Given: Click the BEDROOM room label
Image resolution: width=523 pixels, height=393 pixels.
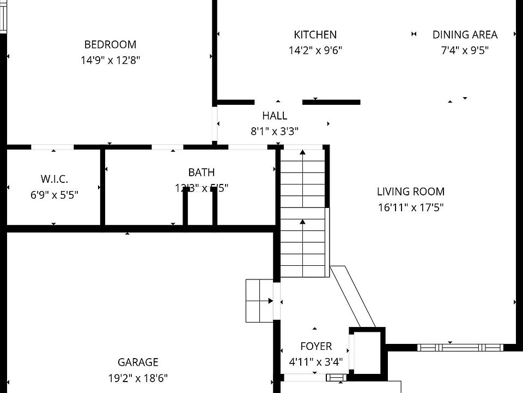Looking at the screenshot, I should tap(110, 44).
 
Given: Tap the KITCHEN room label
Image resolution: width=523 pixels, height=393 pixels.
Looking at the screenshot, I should tap(315, 35).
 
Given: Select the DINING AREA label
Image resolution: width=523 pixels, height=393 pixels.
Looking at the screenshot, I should tap(465, 35).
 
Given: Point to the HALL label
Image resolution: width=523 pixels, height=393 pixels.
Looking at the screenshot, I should tap(274, 116).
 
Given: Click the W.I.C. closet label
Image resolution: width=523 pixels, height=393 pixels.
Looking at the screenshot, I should tap(54, 179).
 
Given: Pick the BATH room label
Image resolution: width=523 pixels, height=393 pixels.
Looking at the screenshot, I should tap(201, 172).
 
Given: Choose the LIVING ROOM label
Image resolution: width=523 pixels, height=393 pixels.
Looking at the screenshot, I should tap(410, 192).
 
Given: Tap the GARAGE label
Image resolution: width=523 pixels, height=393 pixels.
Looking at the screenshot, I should tap(138, 362).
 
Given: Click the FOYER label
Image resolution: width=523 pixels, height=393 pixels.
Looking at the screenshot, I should tap(316, 347).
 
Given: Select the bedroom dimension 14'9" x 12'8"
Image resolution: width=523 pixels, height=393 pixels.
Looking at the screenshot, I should tap(110, 61).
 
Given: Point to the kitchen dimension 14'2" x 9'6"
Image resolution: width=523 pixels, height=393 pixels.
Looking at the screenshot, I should tap(315, 51).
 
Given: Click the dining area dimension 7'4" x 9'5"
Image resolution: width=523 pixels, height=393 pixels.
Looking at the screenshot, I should tap(465, 51).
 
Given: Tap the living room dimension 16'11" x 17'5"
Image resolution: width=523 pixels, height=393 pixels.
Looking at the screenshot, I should tap(410, 207).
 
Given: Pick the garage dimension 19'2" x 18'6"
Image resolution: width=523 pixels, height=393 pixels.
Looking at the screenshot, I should tap(138, 378).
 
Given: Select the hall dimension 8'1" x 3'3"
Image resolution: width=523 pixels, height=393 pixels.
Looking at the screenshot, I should tap(274, 132).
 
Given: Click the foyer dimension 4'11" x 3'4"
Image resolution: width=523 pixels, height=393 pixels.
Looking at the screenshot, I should tap(316, 362).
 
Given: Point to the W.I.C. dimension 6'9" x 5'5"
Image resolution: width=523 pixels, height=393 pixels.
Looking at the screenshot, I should tap(54, 195).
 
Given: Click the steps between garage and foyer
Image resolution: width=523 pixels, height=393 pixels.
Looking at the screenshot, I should tap(259, 300).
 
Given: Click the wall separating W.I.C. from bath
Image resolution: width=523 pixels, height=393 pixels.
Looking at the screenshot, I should tap(102, 187).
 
